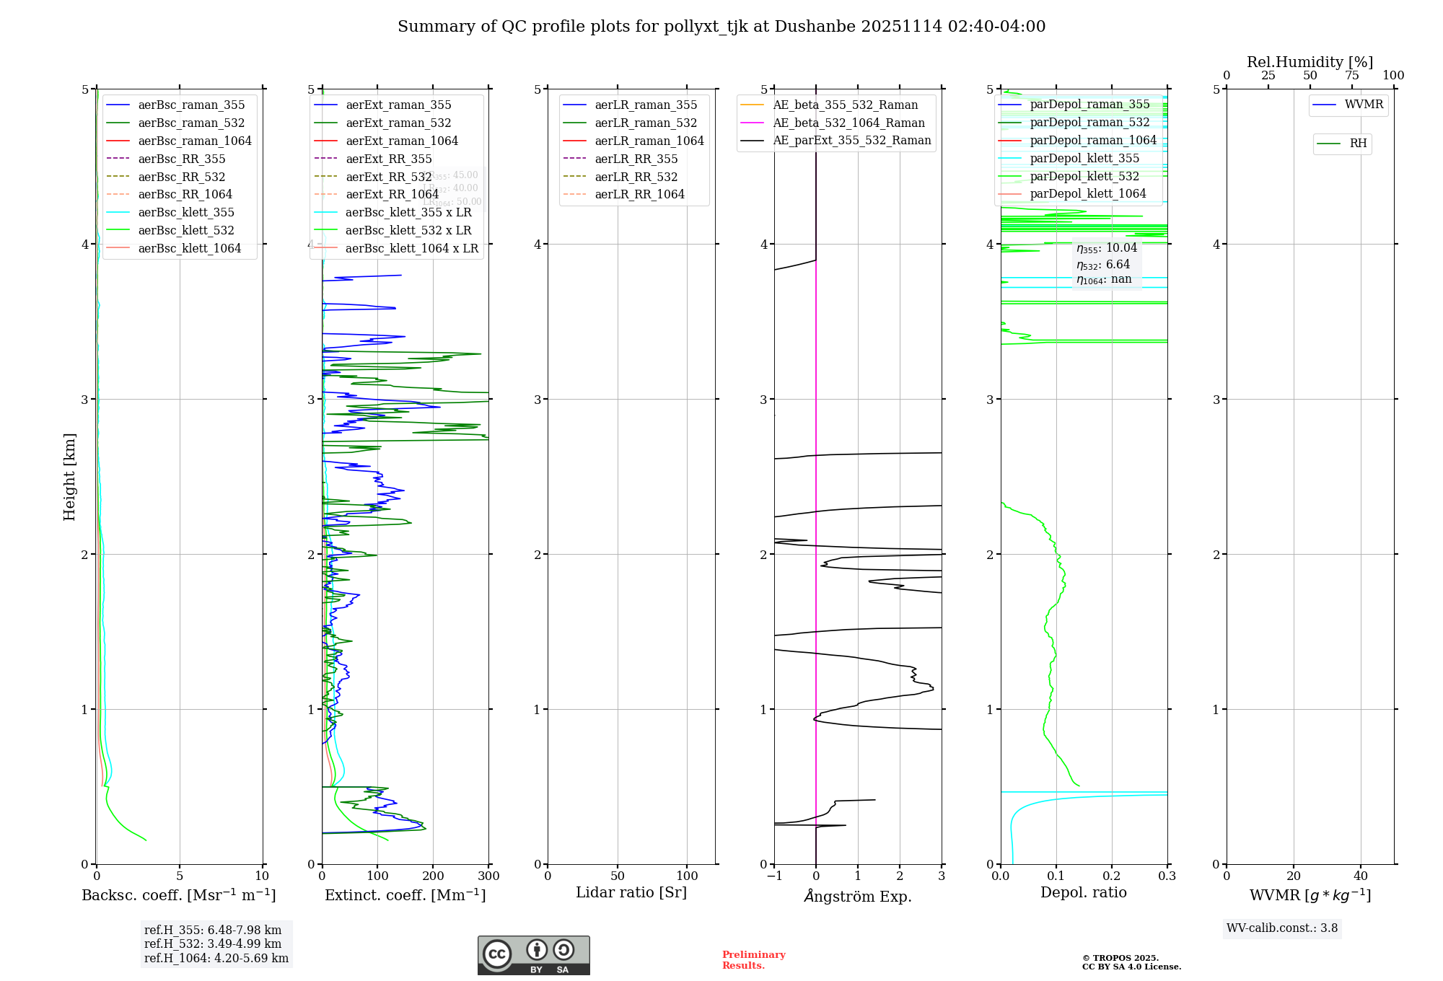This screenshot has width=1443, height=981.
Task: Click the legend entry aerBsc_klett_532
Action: pyautogui.click(x=186, y=230)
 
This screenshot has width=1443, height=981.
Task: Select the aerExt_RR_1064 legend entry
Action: pyautogui.click(x=392, y=194)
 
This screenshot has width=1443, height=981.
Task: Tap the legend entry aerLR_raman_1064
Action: pyautogui.click(x=649, y=141)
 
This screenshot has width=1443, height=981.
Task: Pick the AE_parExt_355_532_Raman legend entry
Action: pyautogui.click(x=851, y=140)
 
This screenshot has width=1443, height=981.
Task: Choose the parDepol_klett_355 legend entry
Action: pyautogui.click(x=1084, y=158)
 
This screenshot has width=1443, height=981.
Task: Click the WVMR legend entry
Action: pyautogui.click(x=1364, y=105)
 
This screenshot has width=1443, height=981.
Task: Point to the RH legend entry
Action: pyautogui.click(x=1358, y=144)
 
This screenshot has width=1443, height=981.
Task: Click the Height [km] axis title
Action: pyautogui.click(x=69, y=477)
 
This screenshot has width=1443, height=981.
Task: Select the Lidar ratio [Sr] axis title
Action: pyautogui.click(x=631, y=892)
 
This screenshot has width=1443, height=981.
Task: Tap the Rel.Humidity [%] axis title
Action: pyautogui.click(x=1310, y=62)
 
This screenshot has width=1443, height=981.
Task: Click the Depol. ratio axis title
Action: pyautogui.click(x=1083, y=892)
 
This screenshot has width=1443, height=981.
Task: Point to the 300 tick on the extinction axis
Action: pyautogui.click(x=488, y=876)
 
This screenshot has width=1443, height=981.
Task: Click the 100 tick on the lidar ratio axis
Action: pyautogui.click(x=687, y=876)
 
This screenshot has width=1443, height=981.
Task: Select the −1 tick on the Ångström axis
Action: pyautogui.click(x=774, y=876)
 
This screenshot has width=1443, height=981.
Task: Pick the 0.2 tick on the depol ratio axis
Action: pyautogui.click(x=1112, y=876)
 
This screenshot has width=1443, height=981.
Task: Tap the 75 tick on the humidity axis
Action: pyautogui.click(x=1351, y=76)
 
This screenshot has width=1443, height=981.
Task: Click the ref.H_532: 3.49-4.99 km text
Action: pyautogui.click(x=213, y=943)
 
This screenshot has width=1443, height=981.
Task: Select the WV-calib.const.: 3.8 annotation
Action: pyautogui.click(x=1282, y=928)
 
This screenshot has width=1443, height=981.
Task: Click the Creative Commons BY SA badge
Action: pyautogui.click(x=533, y=955)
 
